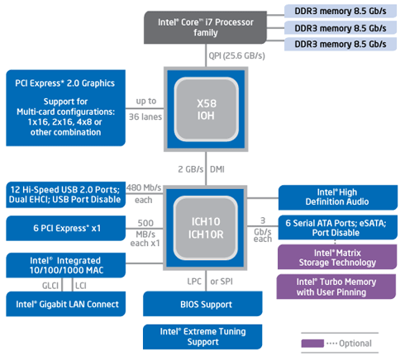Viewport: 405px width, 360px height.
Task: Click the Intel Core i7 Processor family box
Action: [205, 27]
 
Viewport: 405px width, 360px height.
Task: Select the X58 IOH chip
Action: [206, 109]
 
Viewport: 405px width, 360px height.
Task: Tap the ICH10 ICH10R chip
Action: [205, 228]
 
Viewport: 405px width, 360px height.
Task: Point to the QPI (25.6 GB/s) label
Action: [236, 56]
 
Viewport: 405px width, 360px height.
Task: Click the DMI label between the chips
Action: [217, 169]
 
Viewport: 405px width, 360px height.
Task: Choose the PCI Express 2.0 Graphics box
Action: [65, 108]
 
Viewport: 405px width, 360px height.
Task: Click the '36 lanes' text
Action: [145, 116]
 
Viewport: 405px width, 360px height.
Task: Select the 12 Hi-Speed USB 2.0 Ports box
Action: [65, 195]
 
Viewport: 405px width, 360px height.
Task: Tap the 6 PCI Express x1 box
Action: [65, 228]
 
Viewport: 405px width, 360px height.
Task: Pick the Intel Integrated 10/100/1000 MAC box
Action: [65, 265]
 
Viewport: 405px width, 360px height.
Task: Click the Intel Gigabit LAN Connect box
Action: [65, 304]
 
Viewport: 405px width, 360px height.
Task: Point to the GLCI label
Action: [50, 286]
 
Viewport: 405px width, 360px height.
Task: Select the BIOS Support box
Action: [202, 304]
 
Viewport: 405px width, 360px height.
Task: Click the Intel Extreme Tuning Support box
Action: [202, 337]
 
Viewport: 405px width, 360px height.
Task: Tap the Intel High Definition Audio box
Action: [338, 197]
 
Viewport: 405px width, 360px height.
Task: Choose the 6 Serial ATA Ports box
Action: [338, 227]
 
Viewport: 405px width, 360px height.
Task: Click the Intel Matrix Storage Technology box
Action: [337, 257]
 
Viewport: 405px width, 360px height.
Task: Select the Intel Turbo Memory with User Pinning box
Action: [336, 287]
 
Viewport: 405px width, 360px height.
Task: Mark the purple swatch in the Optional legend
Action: [312, 343]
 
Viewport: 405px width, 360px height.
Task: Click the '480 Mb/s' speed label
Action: [144, 187]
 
